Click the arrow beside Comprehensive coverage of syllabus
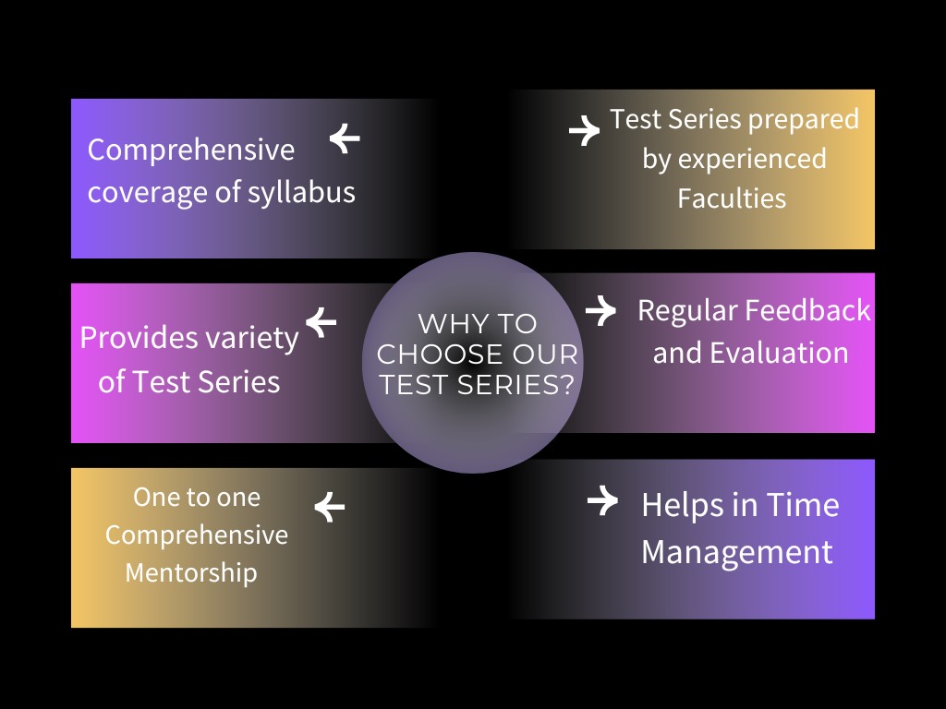pyautogui.click(x=345, y=138)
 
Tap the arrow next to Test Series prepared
pyautogui.click(x=585, y=130)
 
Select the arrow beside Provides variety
pyautogui.click(x=321, y=322)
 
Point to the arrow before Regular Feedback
pyautogui.click(x=600, y=310)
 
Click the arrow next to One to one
pyautogui.click(x=330, y=507)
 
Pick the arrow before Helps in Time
pyautogui.click(x=602, y=500)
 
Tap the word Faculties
pyautogui.click(x=732, y=198)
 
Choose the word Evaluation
pyautogui.click(x=779, y=353)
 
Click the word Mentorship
pyautogui.click(x=191, y=573)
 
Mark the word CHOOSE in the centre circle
pyautogui.click(x=440, y=354)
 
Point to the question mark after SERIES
pyautogui.click(x=567, y=384)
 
